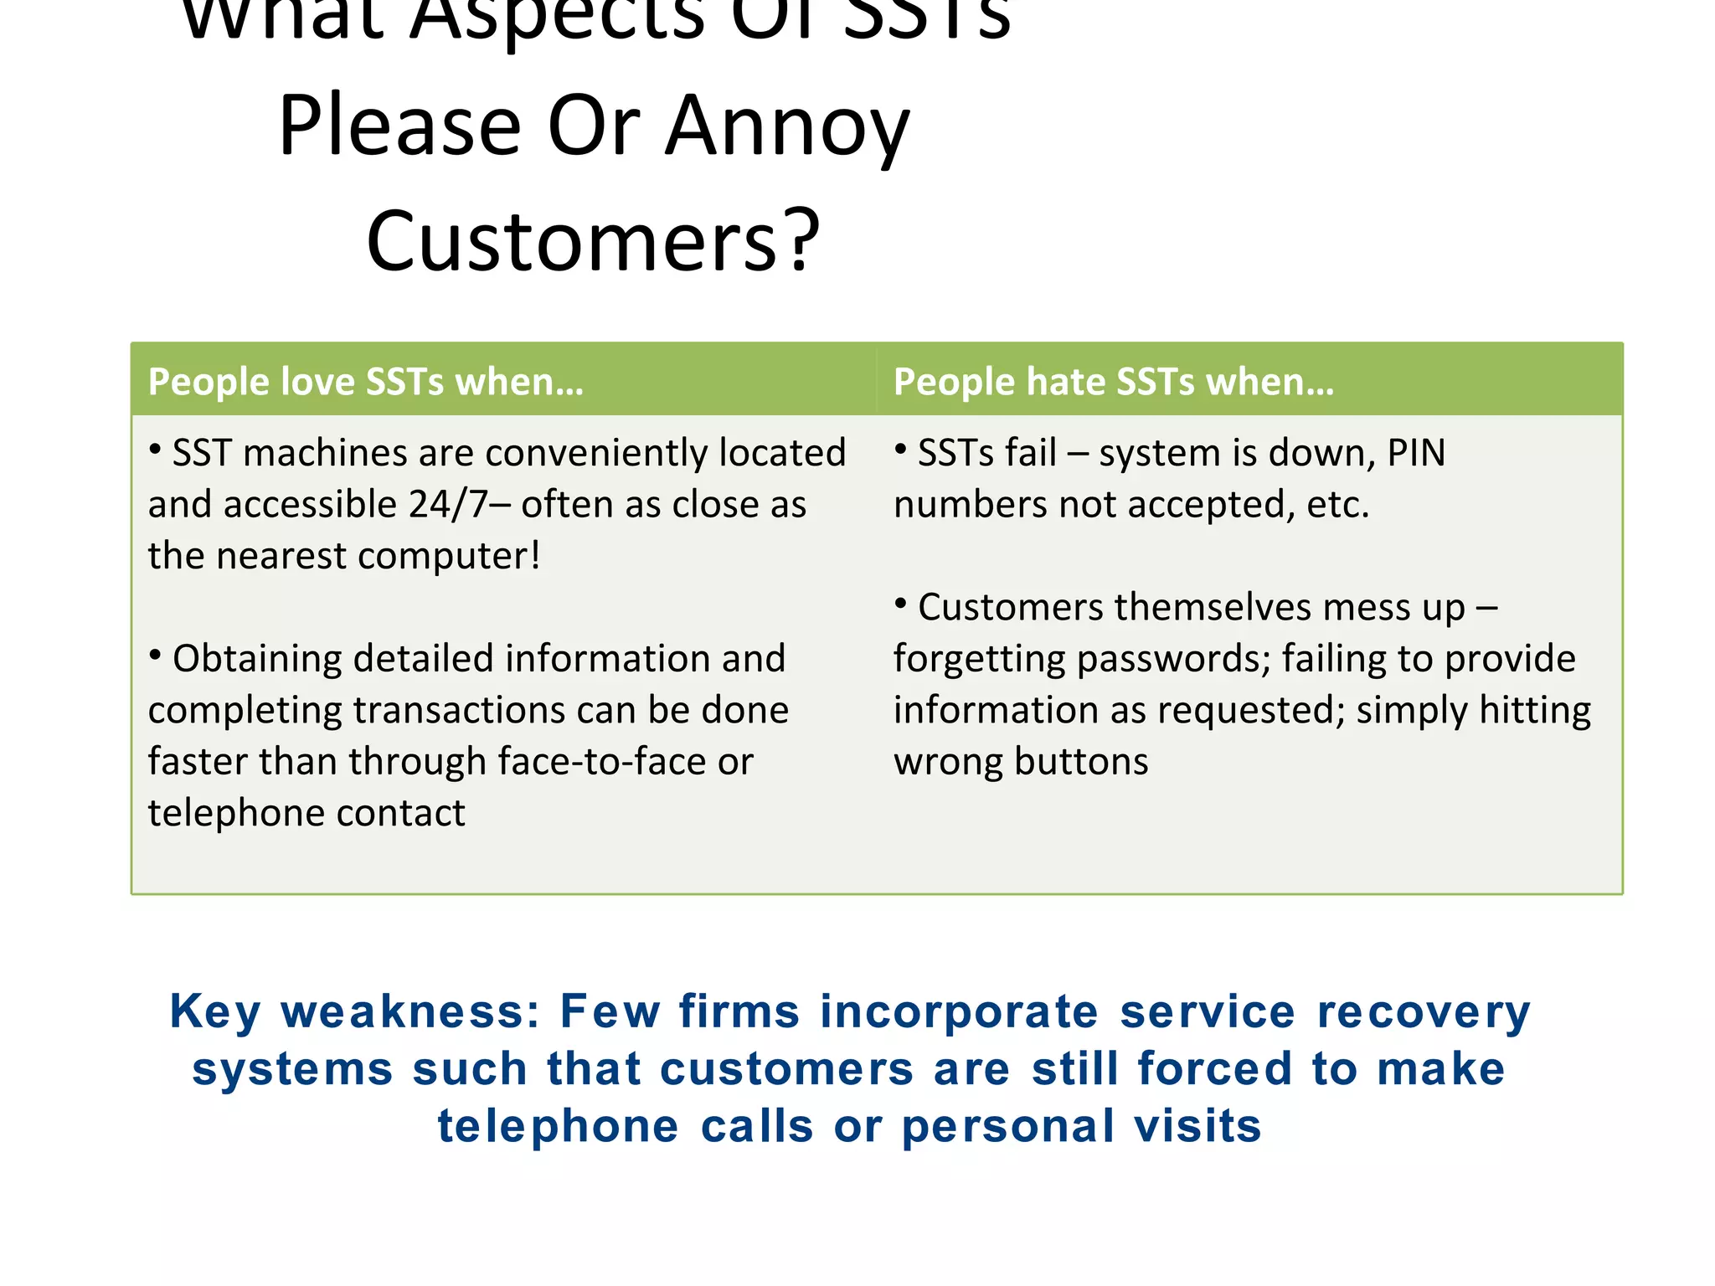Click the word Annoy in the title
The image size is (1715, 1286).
(x=786, y=127)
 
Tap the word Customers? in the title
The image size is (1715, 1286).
(x=593, y=242)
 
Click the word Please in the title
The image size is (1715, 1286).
(x=400, y=127)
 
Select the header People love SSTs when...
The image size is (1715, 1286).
(x=365, y=382)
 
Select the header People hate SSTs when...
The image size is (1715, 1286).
(x=1113, y=382)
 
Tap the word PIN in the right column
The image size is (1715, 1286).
(x=1416, y=453)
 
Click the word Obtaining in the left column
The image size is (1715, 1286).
(x=257, y=659)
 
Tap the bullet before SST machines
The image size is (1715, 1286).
(x=155, y=450)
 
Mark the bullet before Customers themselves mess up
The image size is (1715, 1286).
(x=901, y=604)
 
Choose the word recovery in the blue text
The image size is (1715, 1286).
(x=1423, y=1011)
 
